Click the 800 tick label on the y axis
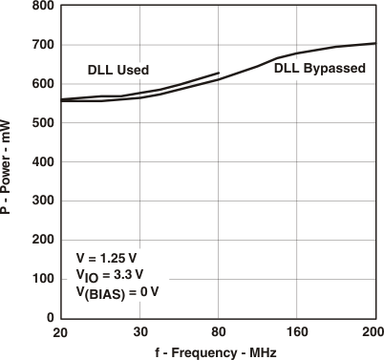41,7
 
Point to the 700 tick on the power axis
41,45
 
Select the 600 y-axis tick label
41,84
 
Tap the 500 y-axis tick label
41,123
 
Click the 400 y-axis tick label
41,162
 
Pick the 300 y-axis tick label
41,201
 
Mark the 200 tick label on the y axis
41,240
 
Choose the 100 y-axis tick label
41,279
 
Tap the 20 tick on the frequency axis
61,332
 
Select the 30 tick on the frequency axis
139,332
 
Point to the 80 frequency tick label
219,332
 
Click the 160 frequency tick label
296,332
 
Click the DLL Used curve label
118,70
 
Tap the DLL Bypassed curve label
318,68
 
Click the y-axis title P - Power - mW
9,162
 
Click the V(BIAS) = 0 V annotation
117,292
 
